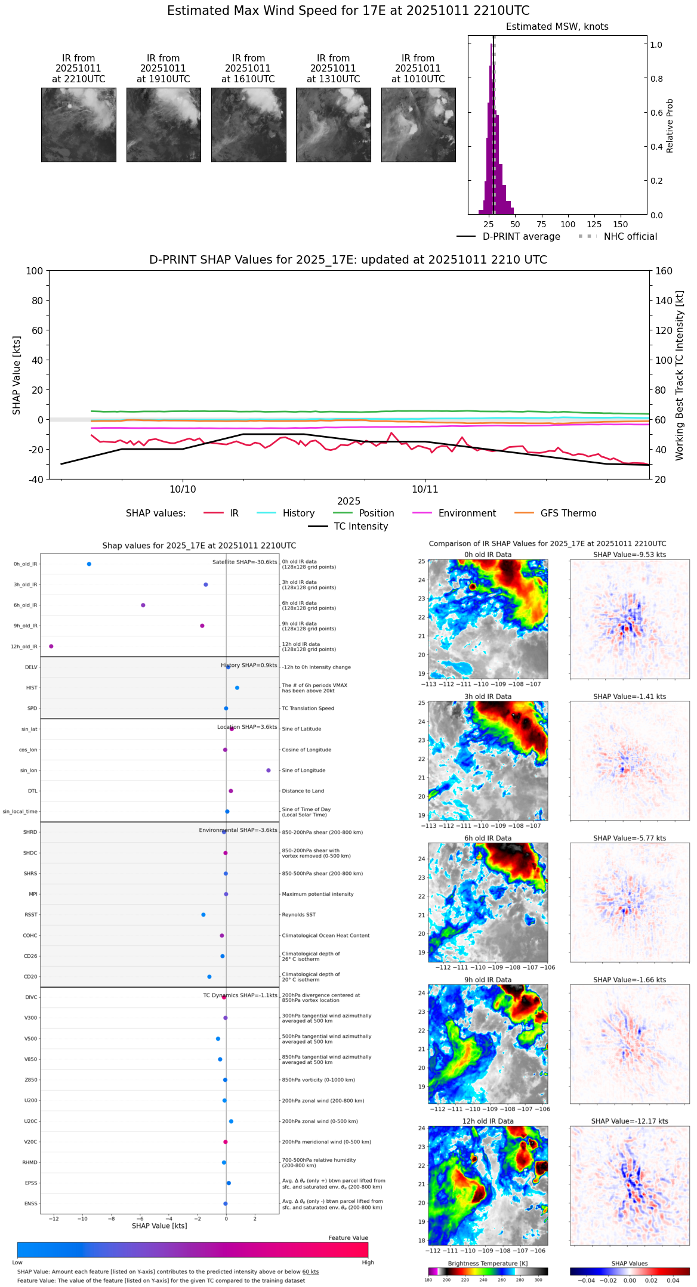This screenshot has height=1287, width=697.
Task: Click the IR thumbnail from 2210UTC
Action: tap(78, 125)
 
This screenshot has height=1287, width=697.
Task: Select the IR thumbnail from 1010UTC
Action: tap(418, 125)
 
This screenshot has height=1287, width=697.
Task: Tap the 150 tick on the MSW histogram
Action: tap(621, 224)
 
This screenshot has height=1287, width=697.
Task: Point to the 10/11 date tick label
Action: tap(425, 490)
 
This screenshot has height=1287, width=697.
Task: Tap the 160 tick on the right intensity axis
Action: tap(664, 271)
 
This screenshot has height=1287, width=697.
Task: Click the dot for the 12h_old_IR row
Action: tap(51, 646)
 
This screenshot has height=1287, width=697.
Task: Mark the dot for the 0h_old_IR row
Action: tap(89, 564)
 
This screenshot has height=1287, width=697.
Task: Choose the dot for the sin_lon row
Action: tap(269, 771)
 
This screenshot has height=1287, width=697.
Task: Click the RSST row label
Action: tap(31, 915)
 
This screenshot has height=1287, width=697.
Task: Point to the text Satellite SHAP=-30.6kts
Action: tap(245, 562)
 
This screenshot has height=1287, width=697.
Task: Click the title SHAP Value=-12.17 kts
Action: tap(630, 1121)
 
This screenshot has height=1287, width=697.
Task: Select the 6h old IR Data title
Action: tap(488, 838)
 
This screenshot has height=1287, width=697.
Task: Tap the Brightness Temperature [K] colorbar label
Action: tap(488, 1264)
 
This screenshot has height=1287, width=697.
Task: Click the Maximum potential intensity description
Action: tap(317, 894)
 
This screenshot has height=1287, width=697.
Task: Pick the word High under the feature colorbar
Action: tap(368, 1263)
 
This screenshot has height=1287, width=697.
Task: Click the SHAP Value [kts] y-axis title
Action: tap(17, 375)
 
